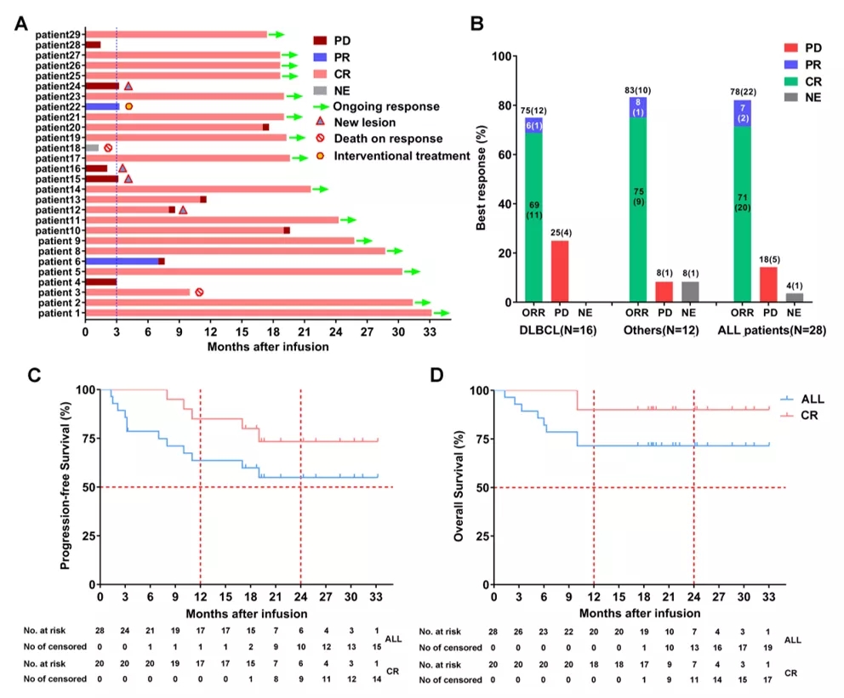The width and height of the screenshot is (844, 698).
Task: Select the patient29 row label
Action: click(59, 34)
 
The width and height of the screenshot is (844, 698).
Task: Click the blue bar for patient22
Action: click(102, 106)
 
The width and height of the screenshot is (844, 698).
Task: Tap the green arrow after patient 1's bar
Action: click(442, 313)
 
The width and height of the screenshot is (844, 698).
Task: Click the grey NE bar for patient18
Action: click(92, 148)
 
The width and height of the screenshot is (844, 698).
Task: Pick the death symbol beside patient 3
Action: click(199, 292)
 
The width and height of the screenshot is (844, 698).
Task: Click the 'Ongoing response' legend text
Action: click(386, 107)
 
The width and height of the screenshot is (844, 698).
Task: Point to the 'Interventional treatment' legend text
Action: click(402, 156)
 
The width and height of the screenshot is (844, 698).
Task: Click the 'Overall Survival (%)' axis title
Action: click(459, 487)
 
